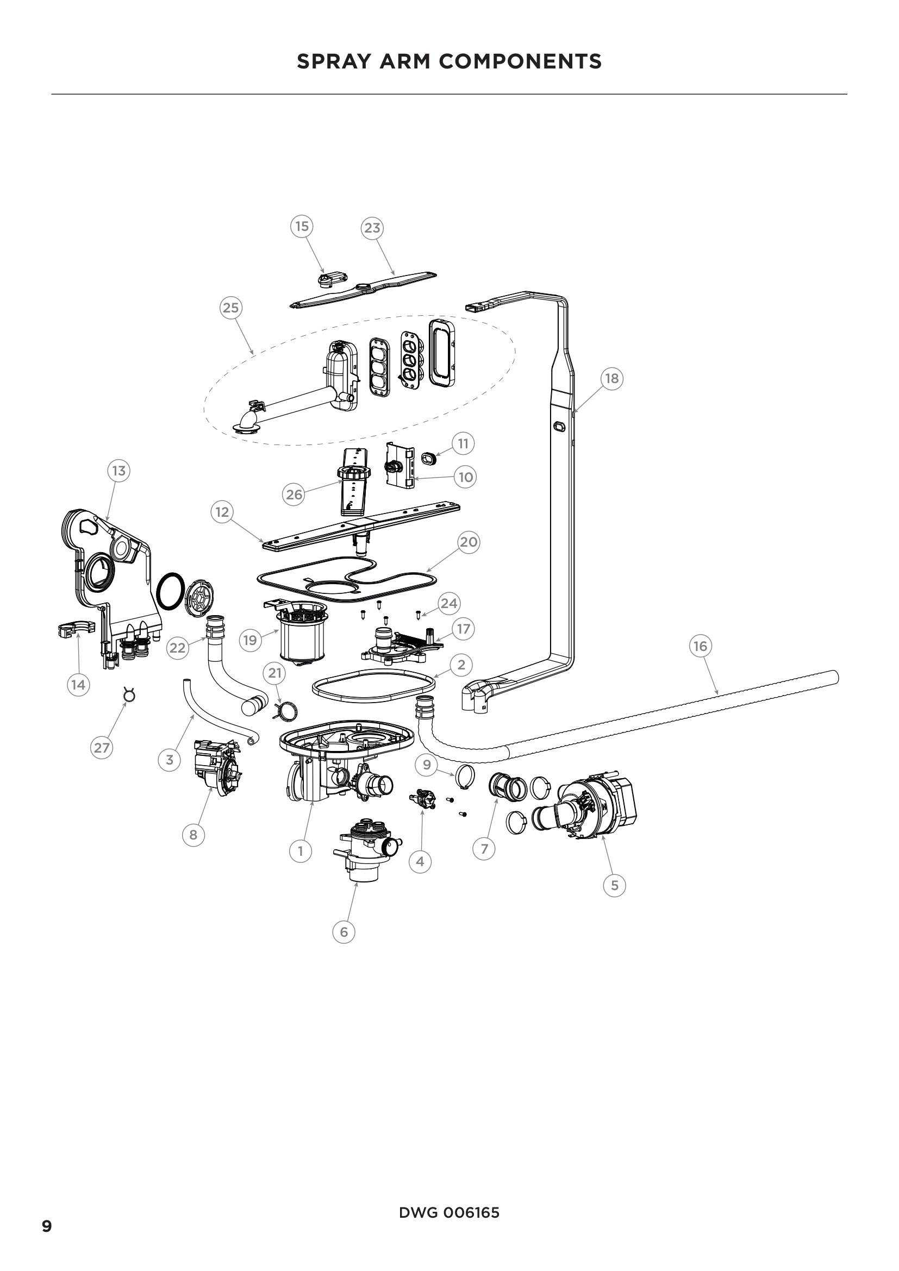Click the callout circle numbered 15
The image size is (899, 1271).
pos(302,227)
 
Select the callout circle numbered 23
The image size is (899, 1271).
pos(372,228)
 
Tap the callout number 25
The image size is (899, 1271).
pos(231,307)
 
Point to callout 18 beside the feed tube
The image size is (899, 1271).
pos(611,379)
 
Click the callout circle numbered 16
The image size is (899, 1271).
pos(700,646)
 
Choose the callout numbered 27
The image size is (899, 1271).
pos(102,748)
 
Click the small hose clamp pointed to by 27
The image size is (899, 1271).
pos(129,695)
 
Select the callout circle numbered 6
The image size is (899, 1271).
pos(344,932)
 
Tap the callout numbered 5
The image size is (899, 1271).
pos(615,885)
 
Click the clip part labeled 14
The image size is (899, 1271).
pos(76,629)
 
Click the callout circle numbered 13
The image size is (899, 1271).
pos(118,471)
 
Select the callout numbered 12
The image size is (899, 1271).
pos(222,512)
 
